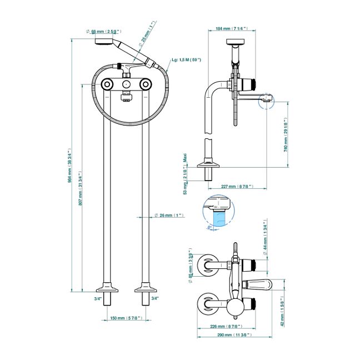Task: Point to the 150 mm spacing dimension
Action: (x=125, y=318)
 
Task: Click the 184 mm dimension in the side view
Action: (x=231, y=28)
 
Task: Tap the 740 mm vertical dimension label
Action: (x=286, y=134)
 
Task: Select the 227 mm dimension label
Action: (x=236, y=186)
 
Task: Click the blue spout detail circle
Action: (x=219, y=211)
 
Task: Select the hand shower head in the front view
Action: (x=104, y=41)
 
